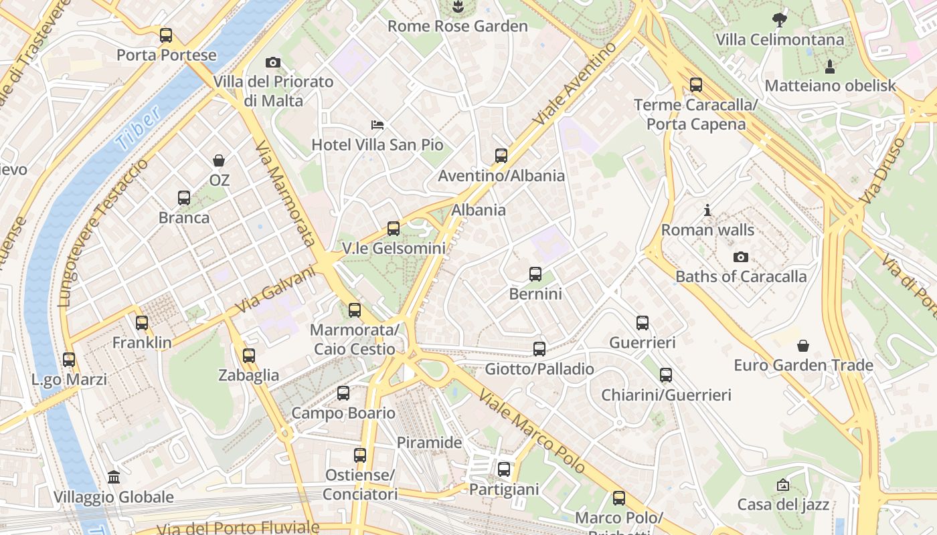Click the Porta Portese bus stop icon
point(165,35)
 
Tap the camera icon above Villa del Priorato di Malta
point(272,62)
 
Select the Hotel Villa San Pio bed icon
point(377,124)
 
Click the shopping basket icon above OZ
point(219,160)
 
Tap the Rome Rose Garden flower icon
point(458,7)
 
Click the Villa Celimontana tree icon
point(780,19)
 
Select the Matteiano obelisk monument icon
point(830,66)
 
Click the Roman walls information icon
point(707,211)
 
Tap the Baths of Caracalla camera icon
point(741,257)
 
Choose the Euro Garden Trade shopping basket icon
point(802,346)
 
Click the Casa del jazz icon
point(783,485)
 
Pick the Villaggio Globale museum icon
point(114,477)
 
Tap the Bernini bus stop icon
point(535,274)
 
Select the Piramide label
point(430,443)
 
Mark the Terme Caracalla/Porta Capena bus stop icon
point(696,85)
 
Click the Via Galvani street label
point(275,289)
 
